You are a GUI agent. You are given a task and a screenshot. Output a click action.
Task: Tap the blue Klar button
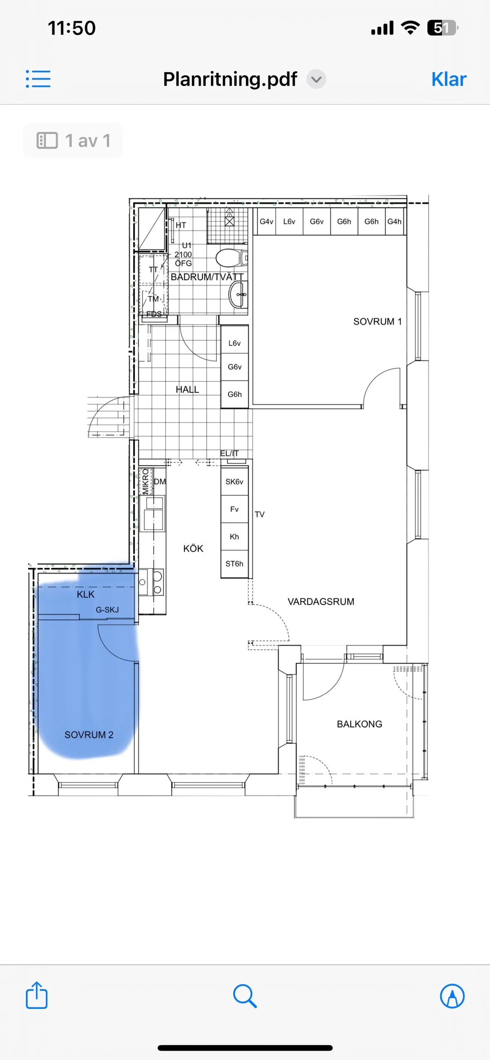click(x=449, y=79)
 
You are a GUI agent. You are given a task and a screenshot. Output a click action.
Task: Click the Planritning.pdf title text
click(x=230, y=79)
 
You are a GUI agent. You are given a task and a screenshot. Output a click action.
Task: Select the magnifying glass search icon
click(x=245, y=996)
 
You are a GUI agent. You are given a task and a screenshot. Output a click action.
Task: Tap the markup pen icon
click(x=452, y=996)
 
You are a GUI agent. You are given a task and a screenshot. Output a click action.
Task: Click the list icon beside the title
click(x=38, y=79)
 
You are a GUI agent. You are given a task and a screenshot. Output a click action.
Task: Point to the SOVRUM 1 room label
click(x=377, y=321)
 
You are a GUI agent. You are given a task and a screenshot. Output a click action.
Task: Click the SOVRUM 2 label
click(x=89, y=735)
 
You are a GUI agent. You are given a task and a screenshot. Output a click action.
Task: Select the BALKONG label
click(x=359, y=724)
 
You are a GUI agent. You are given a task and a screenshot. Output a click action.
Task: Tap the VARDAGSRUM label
click(x=321, y=602)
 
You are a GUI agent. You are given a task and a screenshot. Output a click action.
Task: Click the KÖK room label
click(x=193, y=548)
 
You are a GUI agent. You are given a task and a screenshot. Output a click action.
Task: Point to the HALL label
click(x=187, y=389)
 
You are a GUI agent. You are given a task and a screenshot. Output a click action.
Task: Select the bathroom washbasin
click(x=238, y=294)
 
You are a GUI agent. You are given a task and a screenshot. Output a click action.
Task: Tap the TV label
click(x=259, y=514)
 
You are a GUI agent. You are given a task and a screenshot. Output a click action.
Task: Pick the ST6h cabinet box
click(x=234, y=564)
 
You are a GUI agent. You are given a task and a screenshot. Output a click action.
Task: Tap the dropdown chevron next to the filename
click(x=316, y=79)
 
